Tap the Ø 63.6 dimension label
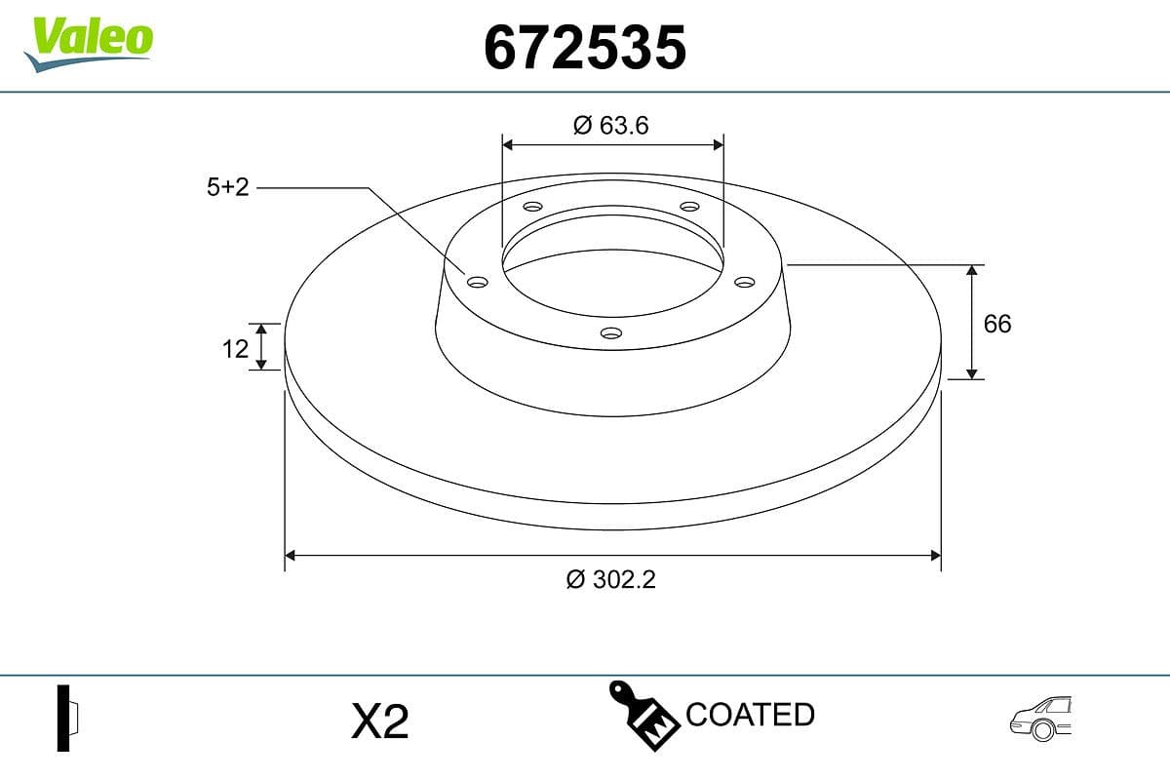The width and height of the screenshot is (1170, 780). click(611, 125)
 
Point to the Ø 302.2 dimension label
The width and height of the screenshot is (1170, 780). click(611, 579)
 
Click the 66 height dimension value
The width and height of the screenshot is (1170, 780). click(997, 324)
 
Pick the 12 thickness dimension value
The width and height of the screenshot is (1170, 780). click(235, 347)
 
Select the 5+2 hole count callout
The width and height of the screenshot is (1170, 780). click(228, 187)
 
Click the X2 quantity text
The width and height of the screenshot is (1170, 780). click(379, 722)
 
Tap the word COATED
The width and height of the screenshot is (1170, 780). click(750, 715)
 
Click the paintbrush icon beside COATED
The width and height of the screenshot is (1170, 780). click(643, 716)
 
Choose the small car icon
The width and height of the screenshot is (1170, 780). click(1040, 720)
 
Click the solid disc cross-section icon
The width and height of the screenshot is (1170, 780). click(66, 718)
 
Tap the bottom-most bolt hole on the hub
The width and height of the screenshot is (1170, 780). click(611, 333)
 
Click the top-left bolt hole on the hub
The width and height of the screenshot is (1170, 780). click(532, 207)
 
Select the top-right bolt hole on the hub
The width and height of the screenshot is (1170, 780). click(690, 207)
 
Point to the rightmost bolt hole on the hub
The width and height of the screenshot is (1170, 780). click(745, 282)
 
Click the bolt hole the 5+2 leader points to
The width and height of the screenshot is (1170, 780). click(477, 282)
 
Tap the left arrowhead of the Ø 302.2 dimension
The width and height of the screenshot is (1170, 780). click(290, 556)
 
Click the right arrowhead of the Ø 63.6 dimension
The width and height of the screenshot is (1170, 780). click(719, 144)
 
